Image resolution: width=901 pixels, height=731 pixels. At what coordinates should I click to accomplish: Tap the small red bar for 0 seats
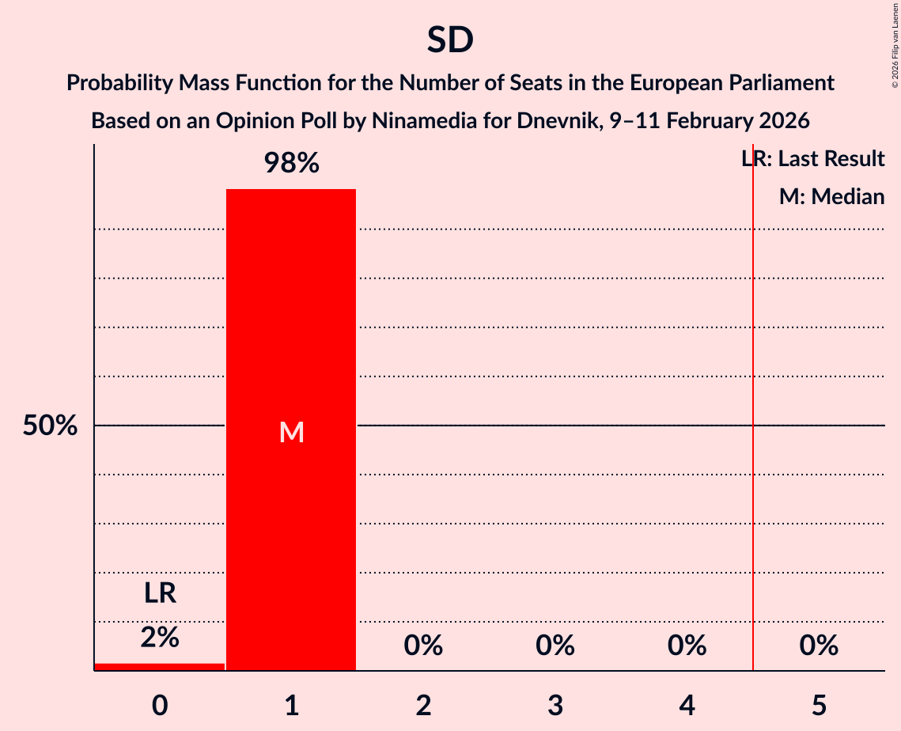point(160,667)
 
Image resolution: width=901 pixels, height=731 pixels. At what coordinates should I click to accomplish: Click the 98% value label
point(291,164)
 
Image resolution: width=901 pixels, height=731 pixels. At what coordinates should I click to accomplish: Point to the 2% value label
point(160,637)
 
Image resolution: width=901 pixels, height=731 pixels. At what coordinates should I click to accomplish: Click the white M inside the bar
point(291,432)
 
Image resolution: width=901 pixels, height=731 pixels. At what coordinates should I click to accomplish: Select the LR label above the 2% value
point(160,593)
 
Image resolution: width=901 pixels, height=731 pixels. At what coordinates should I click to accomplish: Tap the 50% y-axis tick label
point(50,426)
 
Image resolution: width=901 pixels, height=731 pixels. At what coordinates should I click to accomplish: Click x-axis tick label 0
point(160,705)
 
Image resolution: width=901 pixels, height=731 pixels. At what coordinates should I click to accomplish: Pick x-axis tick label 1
point(291,705)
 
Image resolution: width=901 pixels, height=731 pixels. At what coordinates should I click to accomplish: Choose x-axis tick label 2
point(423,705)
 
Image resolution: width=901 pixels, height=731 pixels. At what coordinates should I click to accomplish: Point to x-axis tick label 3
point(555,705)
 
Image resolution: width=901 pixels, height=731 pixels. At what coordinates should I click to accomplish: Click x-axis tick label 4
point(687,705)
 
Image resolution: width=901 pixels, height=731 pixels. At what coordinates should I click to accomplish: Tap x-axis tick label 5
point(819,705)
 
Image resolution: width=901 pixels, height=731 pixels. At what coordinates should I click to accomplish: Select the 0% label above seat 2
point(423,646)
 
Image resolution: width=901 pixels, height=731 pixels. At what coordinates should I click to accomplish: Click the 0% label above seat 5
point(819,646)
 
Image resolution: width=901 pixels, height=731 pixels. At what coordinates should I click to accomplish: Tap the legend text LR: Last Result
point(813,159)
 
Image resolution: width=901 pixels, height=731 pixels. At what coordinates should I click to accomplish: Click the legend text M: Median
point(831,196)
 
